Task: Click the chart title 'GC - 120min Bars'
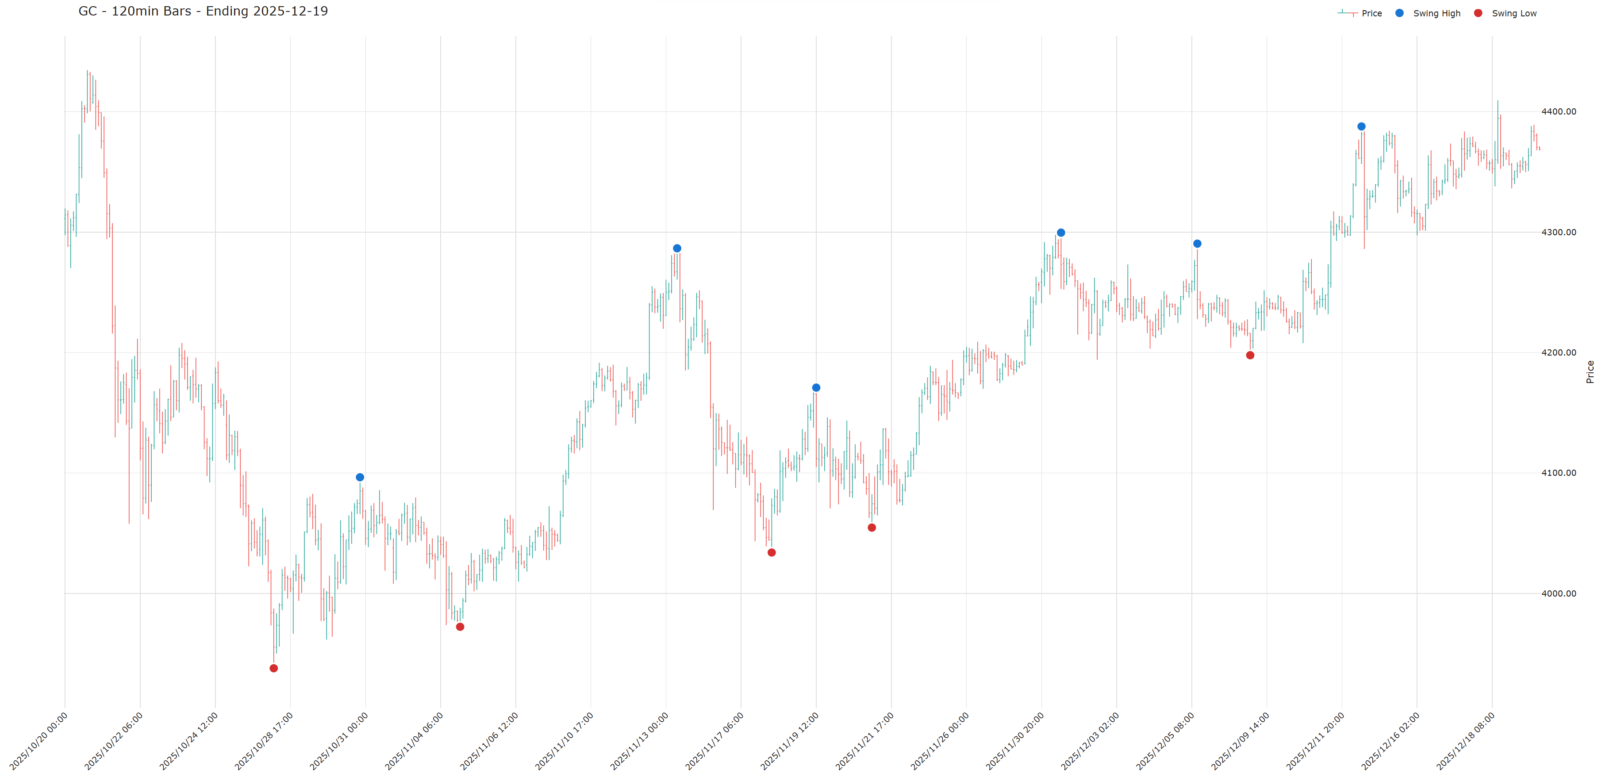tap(203, 11)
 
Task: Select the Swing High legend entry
tap(1436, 13)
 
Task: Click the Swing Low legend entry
tap(1513, 13)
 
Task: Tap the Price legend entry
tap(1371, 13)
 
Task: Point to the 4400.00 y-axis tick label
tap(1558, 111)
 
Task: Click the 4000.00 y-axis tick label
tap(1558, 593)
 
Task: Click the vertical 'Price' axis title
tap(1589, 371)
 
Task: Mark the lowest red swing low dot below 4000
tap(273, 668)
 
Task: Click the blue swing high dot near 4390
tap(1361, 126)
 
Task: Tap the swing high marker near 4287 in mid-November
tap(677, 248)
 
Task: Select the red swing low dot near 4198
tap(1250, 355)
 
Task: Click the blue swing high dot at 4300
tap(1061, 233)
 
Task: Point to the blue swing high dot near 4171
tap(816, 387)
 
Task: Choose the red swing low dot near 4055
tap(872, 528)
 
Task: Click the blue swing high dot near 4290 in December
tap(1197, 244)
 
